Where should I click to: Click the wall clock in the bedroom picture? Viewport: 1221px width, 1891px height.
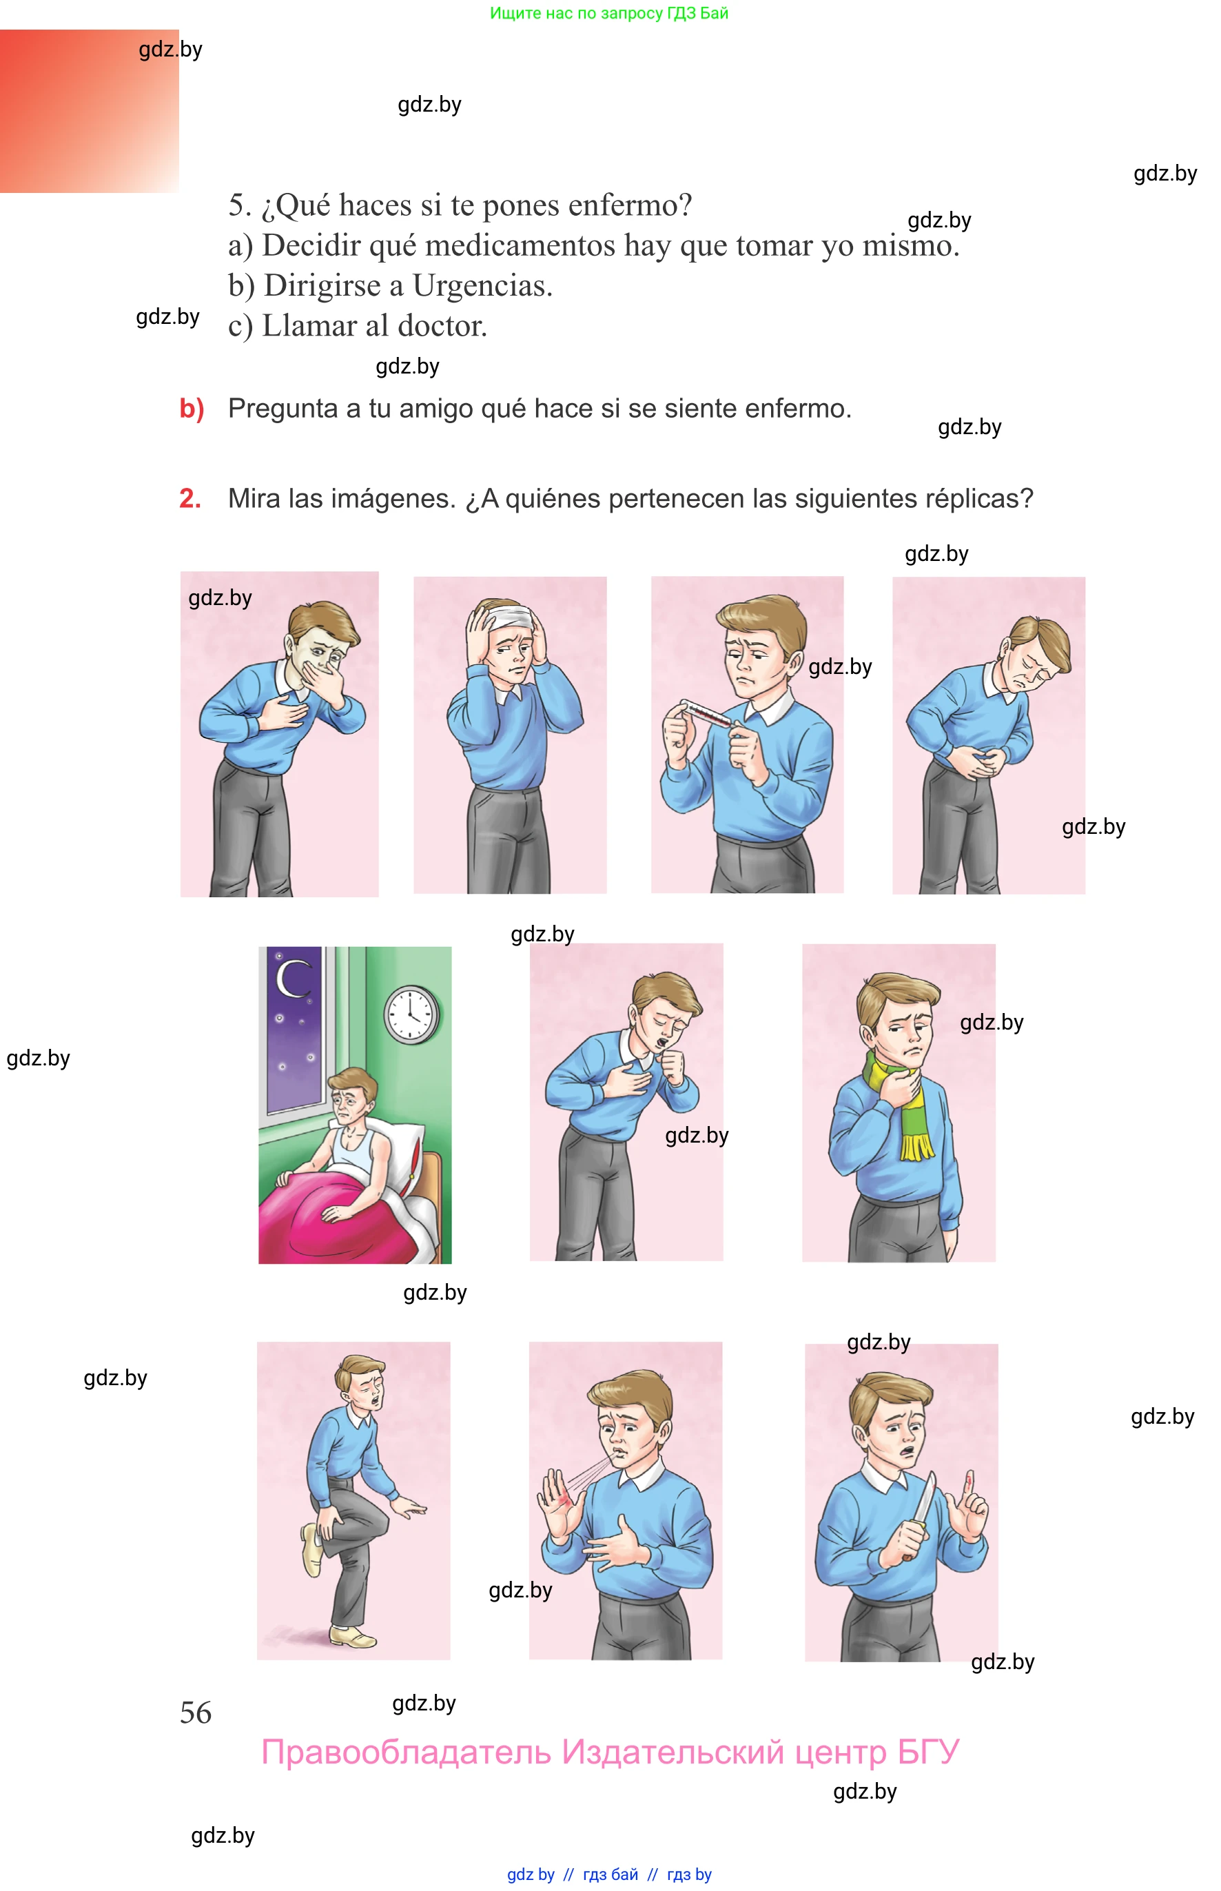point(411,1015)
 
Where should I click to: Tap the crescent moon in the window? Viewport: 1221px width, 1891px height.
point(291,979)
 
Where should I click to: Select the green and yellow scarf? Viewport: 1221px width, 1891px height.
point(904,1102)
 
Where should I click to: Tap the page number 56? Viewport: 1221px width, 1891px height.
point(196,1713)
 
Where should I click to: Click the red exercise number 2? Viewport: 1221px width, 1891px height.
point(190,498)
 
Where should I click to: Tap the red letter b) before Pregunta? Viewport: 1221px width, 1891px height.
point(192,409)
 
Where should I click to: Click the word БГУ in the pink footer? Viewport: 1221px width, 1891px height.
point(928,1752)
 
